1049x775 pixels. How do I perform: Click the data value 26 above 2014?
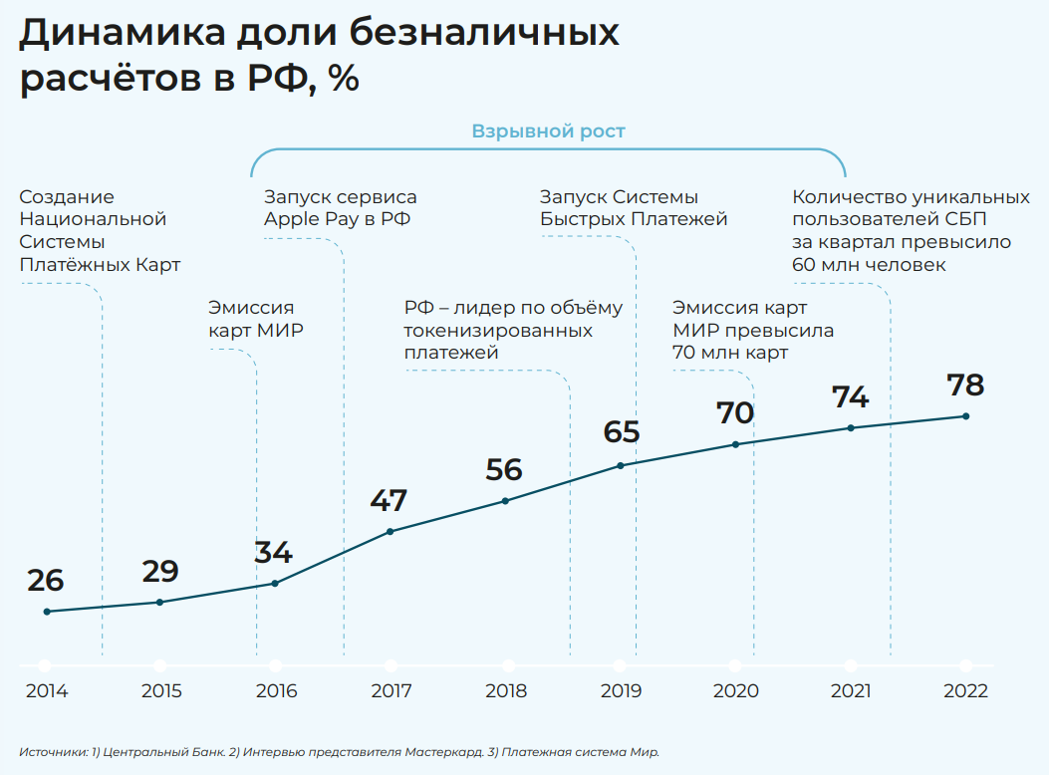click(46, 581)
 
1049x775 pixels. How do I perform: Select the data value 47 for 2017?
click(389, 501)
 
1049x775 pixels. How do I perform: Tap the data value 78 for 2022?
click(964, 386)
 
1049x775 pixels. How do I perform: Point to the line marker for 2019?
click(621, 465)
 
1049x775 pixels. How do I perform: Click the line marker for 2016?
click(275, 583)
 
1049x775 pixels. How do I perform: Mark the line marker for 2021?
click(851, 428)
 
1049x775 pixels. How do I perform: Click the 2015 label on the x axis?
click(161, 691)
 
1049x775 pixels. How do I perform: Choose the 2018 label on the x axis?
click(506, 691)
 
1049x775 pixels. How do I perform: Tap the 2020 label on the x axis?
click(736, 691)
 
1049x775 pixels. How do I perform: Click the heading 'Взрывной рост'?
click(548, 131)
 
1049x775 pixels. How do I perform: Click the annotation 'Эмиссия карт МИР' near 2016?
click(255, 319)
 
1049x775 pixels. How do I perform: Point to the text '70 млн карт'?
click(729, 353)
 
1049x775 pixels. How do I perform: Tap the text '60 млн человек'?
click(869, 264)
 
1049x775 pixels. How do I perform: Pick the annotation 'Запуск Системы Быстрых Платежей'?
click(634, 208)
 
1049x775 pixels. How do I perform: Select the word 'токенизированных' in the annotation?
click(498, 330)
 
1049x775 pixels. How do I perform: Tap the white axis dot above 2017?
click(391, 665)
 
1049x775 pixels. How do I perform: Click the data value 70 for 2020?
click(735, 413)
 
